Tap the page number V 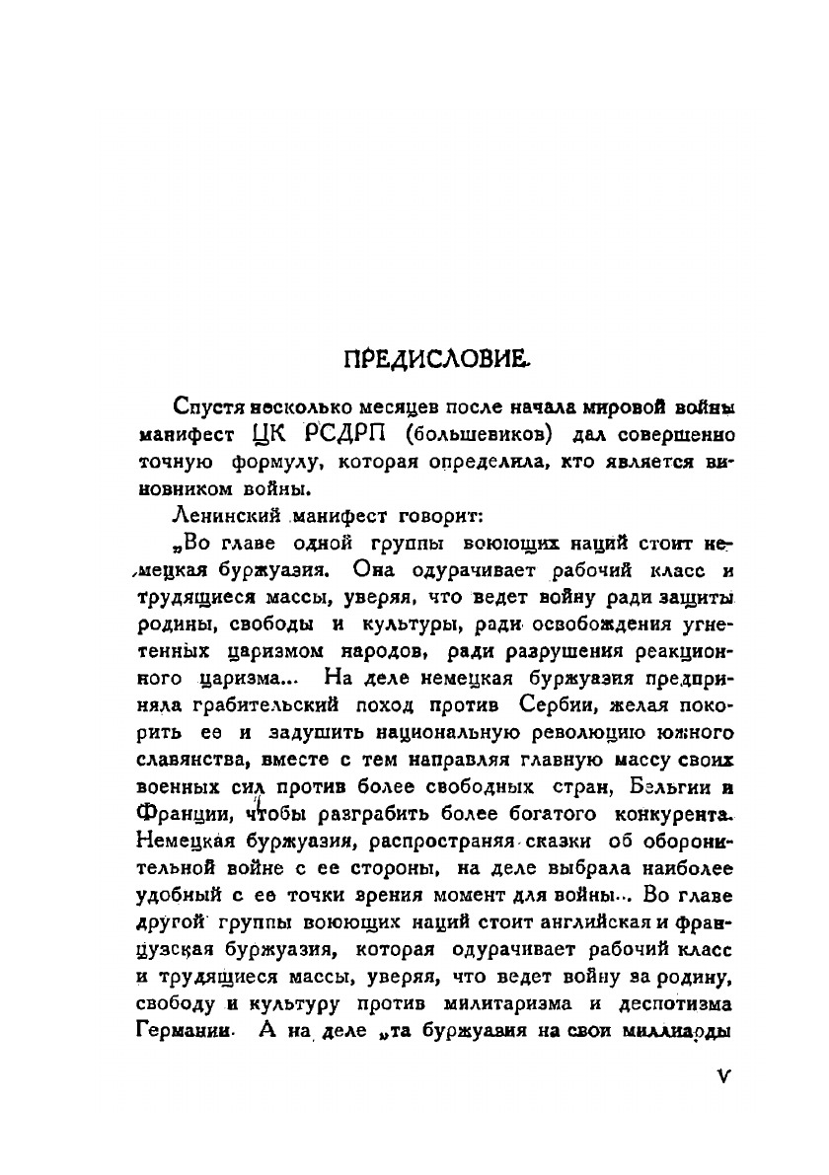click(724, 1076)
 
